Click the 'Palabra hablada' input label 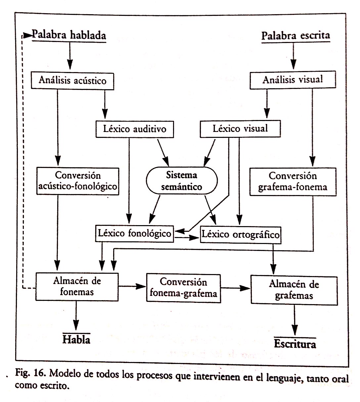pyautogui.click(x=69, y=35)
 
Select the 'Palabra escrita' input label pyautogui.click(x=295, y=36)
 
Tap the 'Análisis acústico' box pyautogui.click(x=72, y=80)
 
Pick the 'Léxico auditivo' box pyautogui.click(x=135, y=129)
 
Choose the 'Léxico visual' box pyautogui.click(x=240, y=129)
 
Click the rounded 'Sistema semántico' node pyautogui.click(x=182, y=181)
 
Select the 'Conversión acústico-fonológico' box pyautogui.click(x=78, y=181)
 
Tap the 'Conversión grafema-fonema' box pyautogui.click(x=292, y=181)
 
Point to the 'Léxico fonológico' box pyautogui.click(x=135, y=233)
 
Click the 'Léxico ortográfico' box pyautogui.click(x=241, y=235)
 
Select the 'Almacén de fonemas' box pyautogui.click(x=77, y=287)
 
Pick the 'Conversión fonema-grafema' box pyautogui.click(x=183, y=287)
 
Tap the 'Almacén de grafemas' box pyautogui.click(x=294, y=289)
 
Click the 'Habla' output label pyautogui.click(x=76, y=340)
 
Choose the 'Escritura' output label pyautogui.click(x=295, y=344)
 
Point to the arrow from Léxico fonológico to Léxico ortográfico pyautogui.click(x=187, y=237)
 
